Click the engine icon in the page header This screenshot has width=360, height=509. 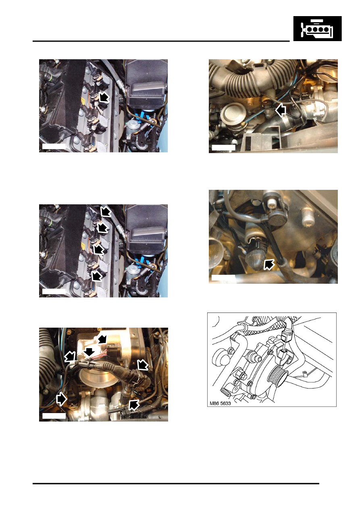(x=317, y=29)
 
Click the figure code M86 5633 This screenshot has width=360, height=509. (x=220, y=403)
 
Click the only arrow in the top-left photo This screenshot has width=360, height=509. (x=104, y=97)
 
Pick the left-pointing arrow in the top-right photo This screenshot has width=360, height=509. (x=281, y=110)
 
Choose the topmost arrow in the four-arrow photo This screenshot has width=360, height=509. (x=106, y=211)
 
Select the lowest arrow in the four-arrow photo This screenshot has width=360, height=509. (x=97, y=276)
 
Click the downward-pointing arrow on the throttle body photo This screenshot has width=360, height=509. (x=89, y=352)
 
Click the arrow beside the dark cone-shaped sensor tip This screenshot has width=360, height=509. (x=269, y=264)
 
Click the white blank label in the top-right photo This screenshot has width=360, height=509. (x=223, y=148)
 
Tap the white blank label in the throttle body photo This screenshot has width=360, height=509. (x=54, y=416)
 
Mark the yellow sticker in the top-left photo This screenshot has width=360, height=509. (x=83, y=101)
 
